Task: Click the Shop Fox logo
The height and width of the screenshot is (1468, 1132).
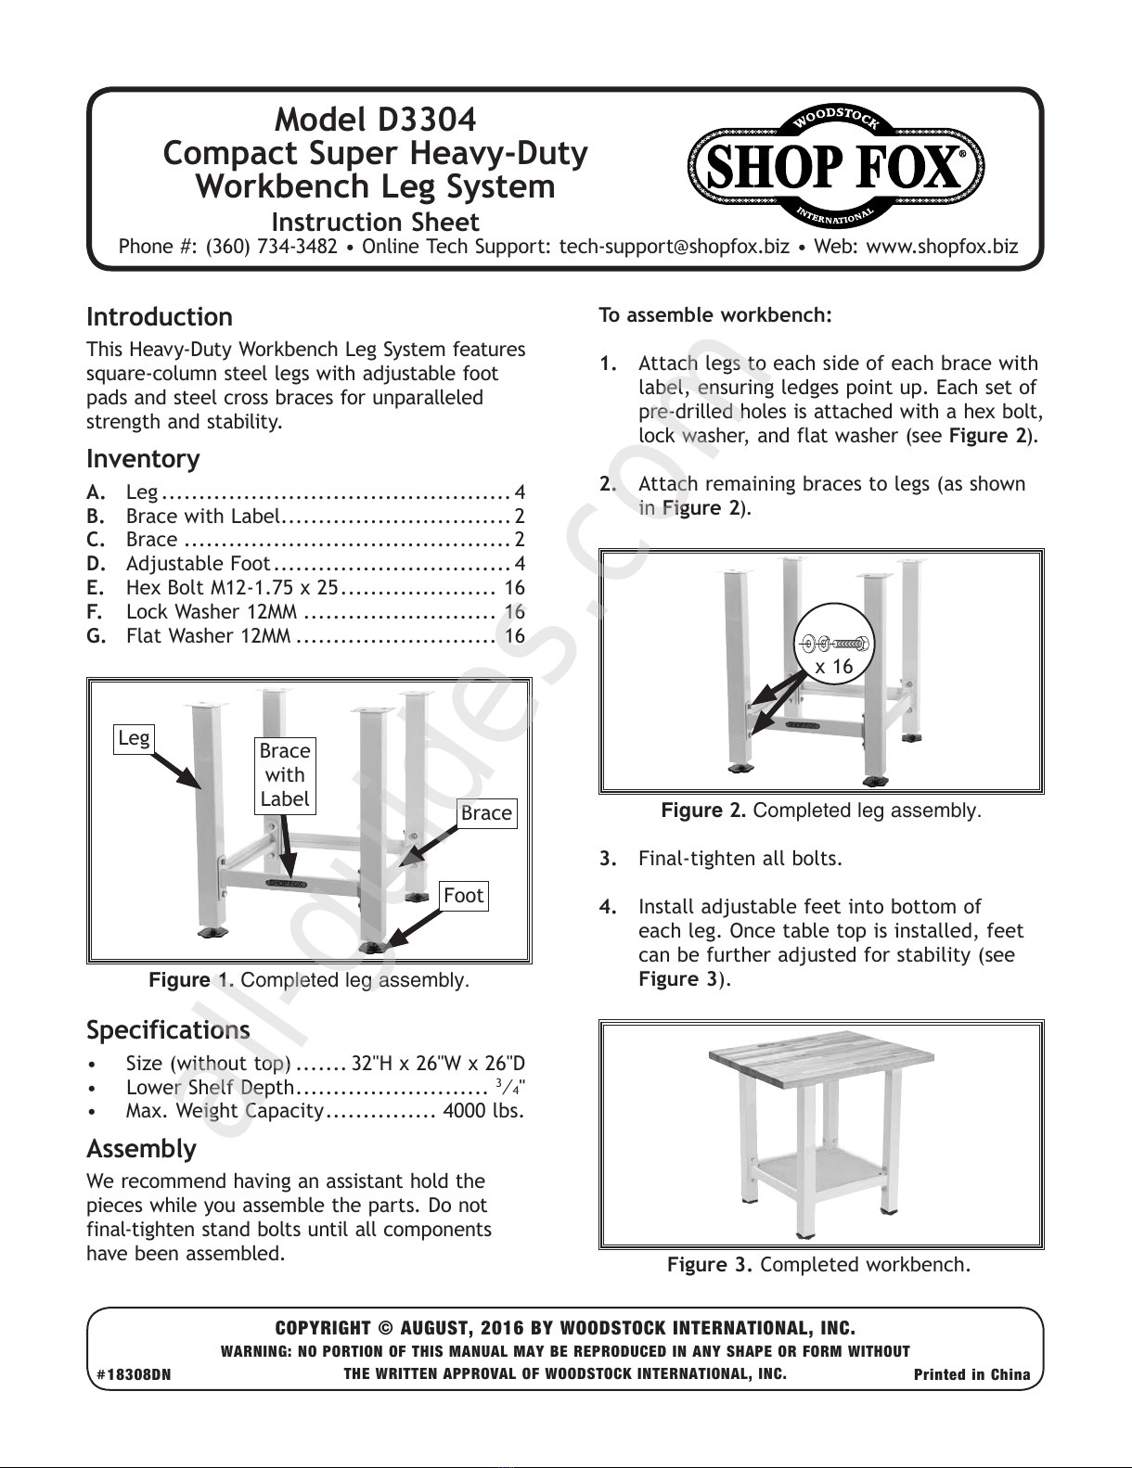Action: (x=835, y=166)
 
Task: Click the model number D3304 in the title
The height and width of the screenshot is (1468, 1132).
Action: (x=427, y=120)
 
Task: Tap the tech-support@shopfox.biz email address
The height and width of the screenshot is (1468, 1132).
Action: (x=674, y=246)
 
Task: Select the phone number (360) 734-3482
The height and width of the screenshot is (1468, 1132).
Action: (x=272, y=246)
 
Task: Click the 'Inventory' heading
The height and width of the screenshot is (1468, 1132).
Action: (x=143, y=459)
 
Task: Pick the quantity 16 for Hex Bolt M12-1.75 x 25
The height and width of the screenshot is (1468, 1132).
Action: (x=514, y=587)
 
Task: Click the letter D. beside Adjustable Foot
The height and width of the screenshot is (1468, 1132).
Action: (x=96, y=564)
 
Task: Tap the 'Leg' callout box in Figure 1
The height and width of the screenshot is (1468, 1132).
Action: (x=134, y=738)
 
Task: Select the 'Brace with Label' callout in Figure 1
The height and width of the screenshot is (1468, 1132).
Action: (x=285, y=775)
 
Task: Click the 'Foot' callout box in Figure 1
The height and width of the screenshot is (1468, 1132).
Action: (x=464, y=896)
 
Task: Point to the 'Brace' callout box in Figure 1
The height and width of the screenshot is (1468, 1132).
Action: (x=486, y=813)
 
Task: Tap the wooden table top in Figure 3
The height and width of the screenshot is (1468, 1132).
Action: (x=821, y=1076)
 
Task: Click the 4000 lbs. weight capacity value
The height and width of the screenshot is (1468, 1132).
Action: (x=484, y=1111)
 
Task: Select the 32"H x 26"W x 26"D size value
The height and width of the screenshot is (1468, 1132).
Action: (x=438, y=1064)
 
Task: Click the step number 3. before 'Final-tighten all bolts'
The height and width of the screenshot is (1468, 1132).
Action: (x=609, y=859)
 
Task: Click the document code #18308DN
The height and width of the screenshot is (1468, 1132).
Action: (x=134, y=1374)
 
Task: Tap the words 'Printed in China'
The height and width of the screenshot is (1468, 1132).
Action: (x=971, y=1374)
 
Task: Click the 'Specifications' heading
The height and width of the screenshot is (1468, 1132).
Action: (x=168, y=1029)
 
